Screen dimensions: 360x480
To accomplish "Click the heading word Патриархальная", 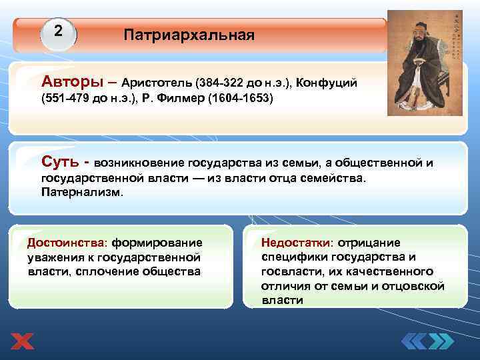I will tap(189, 35).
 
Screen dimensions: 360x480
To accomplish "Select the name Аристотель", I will tap(157, 83).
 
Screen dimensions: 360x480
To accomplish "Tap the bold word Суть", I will tap(61, 161).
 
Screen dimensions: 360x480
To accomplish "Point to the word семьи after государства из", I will tap(305, 162).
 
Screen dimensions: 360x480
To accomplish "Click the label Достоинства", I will tap(66, 242).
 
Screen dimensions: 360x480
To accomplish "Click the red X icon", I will tap(21, 341).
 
